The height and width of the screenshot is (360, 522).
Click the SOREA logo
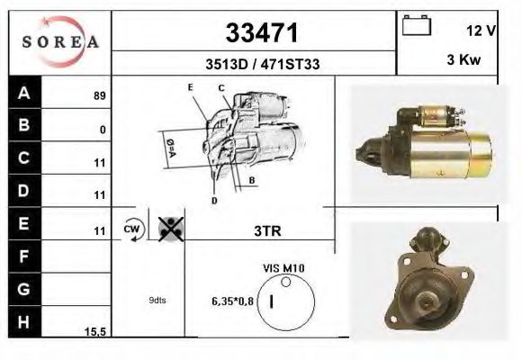[x=59, y=41]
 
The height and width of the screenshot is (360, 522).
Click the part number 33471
[x=261, y=33]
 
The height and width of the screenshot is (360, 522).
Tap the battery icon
[x=416, y=27]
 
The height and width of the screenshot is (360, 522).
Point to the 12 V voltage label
[x=481, y=30]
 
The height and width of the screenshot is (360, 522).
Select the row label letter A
[x=24, y=93]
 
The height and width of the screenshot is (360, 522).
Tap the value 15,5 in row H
[x=95, y=332]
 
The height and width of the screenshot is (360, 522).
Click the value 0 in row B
[x=103, y=130]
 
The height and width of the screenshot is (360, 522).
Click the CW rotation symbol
[x=132, y=229]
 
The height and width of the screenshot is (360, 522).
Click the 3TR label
[x=267, y=231]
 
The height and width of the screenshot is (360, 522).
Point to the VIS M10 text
[x=283, y=268]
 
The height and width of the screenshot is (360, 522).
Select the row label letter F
[x=24, y=256]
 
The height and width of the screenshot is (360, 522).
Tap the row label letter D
[x=24, y=191]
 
